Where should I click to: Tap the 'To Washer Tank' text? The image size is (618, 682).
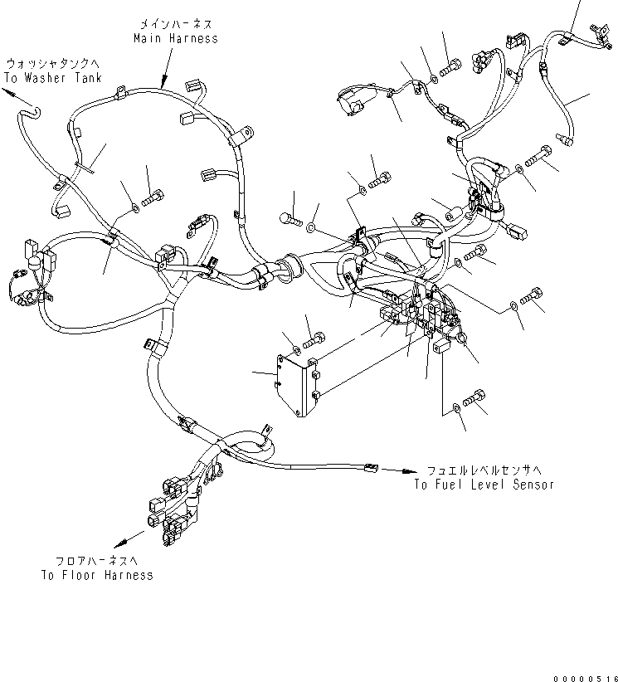52,78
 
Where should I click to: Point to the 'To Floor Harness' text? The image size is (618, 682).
96,575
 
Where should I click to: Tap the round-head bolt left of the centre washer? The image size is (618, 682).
290,218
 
